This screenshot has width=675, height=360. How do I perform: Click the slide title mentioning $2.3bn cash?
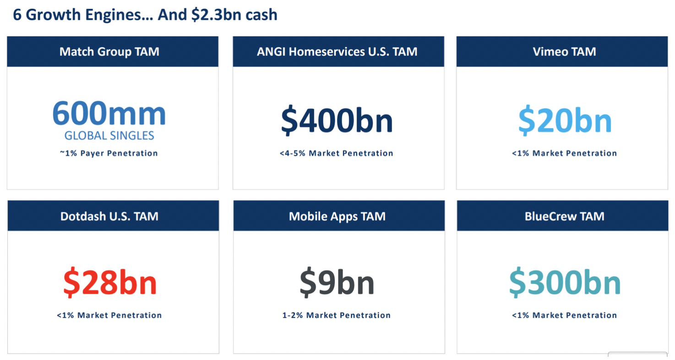145,15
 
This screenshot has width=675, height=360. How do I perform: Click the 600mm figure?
109,113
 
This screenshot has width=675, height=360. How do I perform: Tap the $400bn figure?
337,120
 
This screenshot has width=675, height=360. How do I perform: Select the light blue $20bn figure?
565,120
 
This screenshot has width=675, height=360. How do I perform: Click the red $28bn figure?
110,282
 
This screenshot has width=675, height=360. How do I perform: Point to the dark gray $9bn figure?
337,282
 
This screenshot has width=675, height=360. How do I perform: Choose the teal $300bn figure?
565,282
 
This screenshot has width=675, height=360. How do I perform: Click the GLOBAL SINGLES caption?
109,136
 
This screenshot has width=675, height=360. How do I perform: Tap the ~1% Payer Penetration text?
109,153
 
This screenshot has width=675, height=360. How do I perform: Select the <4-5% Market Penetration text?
336,153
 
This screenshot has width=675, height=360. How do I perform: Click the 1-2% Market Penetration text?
336,315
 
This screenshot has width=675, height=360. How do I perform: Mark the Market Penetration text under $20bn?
565,153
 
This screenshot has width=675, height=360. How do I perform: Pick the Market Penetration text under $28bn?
109,315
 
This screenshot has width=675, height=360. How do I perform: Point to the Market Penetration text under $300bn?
565,315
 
